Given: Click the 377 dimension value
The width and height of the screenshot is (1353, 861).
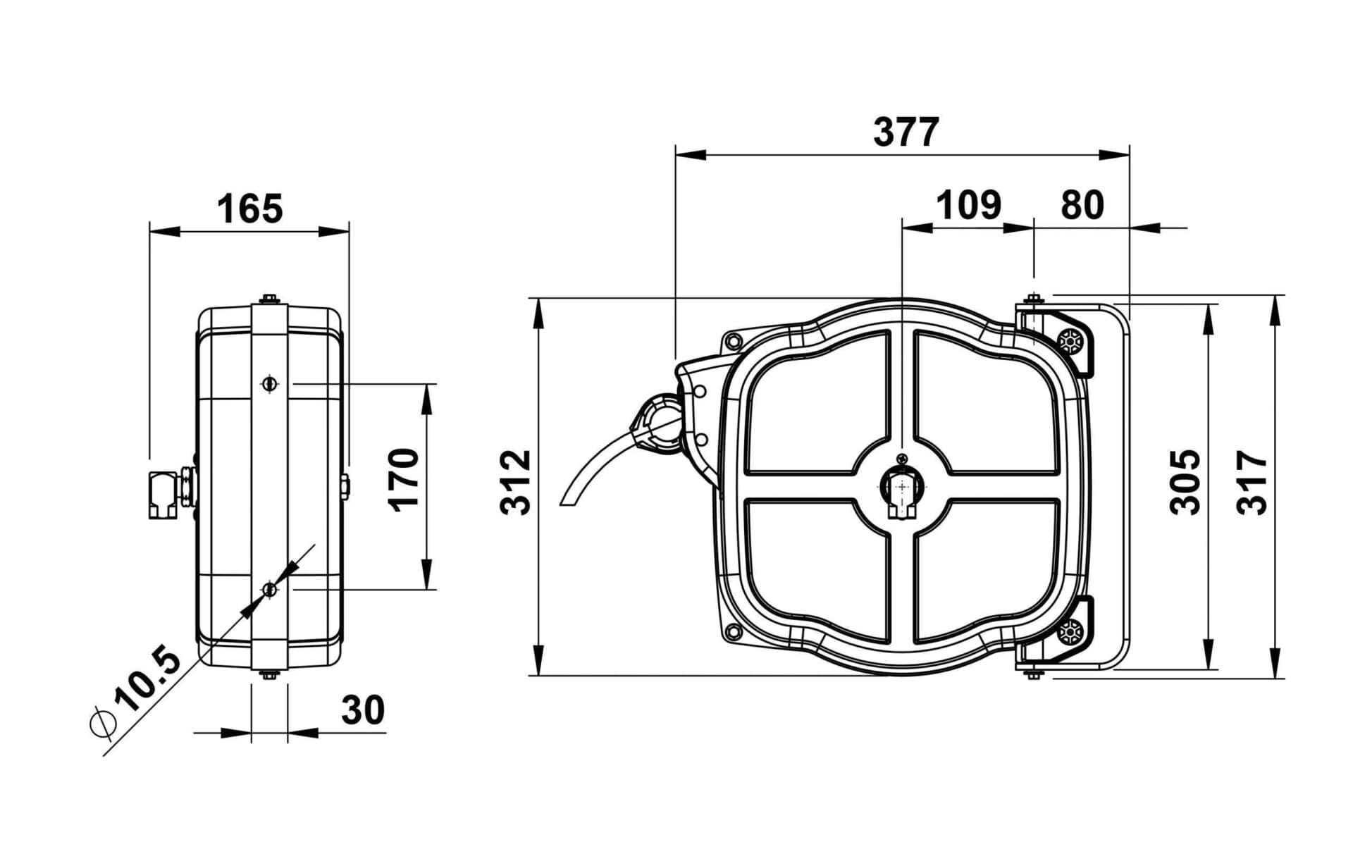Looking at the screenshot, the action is click(x=906, y=132).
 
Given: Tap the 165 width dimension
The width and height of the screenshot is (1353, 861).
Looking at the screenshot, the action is click(x=249, y=209).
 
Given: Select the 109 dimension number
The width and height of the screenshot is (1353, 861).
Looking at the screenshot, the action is click(x=968, y=205).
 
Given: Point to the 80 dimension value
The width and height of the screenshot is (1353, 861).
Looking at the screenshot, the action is click(x=1082, y=205).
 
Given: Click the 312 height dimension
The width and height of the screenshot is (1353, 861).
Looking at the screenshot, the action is click(x=515, y=482).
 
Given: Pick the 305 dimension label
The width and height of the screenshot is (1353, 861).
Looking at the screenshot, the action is click(x=1184, y=482).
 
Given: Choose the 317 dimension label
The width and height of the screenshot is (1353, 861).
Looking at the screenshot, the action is click(x=1252, y=482).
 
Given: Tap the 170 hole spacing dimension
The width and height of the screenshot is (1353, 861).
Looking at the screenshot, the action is click(x=404, y=480).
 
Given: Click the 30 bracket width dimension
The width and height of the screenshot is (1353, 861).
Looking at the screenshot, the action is click(x=363, y=710).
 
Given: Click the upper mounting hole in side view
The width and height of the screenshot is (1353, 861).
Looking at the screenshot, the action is click(x=268, y=383).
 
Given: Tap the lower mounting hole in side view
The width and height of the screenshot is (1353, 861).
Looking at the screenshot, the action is click(x=268, y=589).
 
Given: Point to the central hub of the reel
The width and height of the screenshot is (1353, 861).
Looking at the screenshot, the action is click(x=903, y=486).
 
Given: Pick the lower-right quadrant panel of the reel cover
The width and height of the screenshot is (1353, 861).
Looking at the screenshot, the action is click(x=986, y=570).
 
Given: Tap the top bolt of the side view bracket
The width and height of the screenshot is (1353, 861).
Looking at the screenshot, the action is click(x=268, y=299).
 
